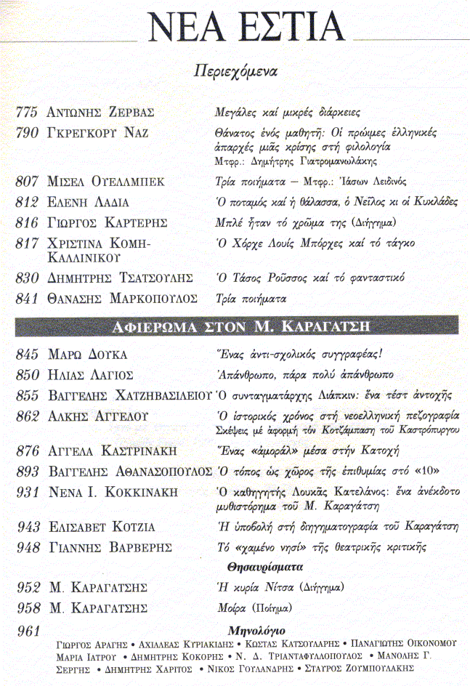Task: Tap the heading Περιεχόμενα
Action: (237, 72)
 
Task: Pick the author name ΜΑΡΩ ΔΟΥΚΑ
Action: (86, 355)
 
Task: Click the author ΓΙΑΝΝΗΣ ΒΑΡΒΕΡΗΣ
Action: (110, 547)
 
